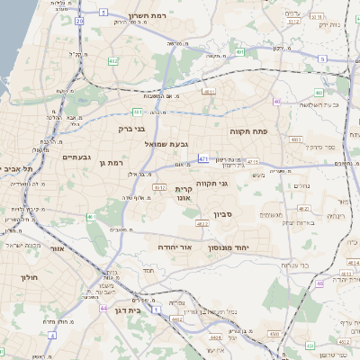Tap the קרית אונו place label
coord(184,194)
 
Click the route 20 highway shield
coord(79,19)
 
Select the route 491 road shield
coord(239,52)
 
